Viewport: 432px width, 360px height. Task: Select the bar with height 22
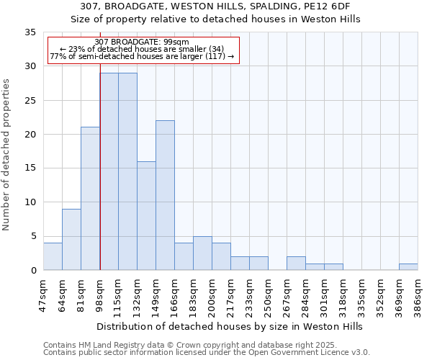[165, 195]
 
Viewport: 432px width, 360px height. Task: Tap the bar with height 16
[146, 215]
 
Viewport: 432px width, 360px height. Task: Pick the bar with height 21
[90, 199]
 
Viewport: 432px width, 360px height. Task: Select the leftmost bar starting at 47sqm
[53, 256]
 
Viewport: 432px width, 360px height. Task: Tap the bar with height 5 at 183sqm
[202, 253]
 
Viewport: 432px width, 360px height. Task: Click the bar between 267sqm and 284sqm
[296, 263]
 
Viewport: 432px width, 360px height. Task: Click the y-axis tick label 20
[30, 135]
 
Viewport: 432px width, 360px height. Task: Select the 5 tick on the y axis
[33, 236]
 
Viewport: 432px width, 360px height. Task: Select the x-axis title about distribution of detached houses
[230, 326]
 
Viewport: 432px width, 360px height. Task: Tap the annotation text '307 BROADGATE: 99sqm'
[141, 42]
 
